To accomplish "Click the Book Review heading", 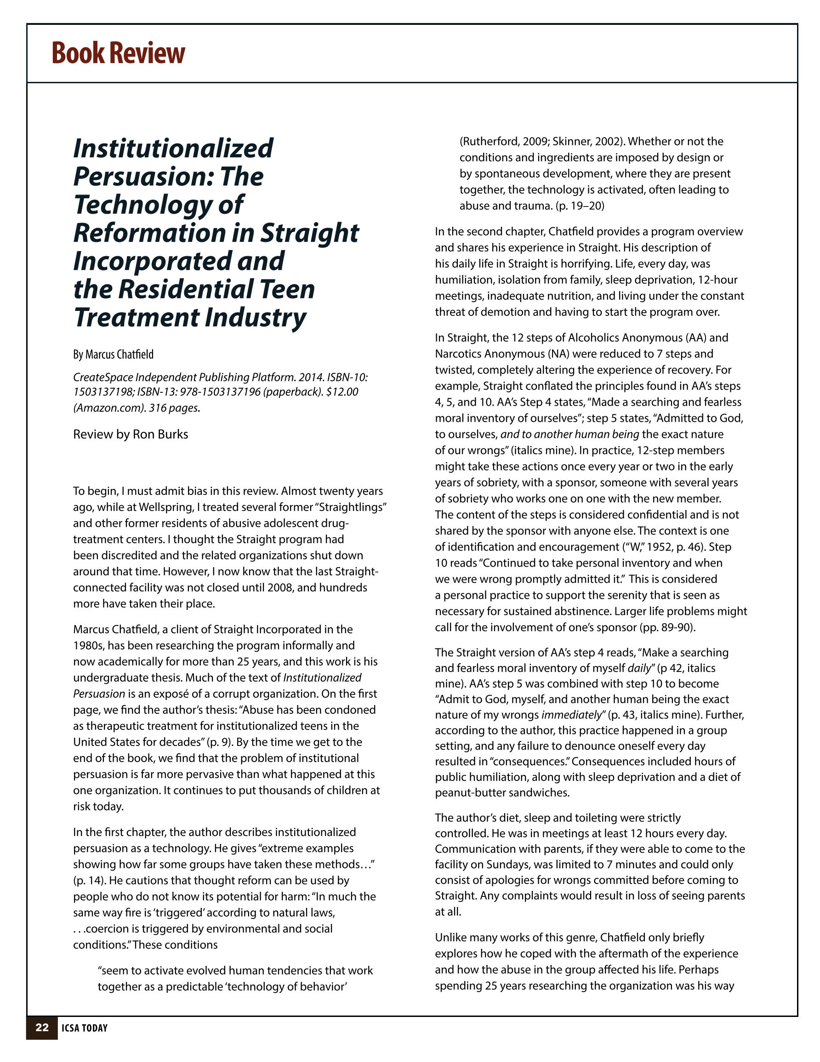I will (x=118, y=53).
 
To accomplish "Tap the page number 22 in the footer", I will (x=42, y=1027).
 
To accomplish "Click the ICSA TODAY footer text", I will (x=85, y=1028).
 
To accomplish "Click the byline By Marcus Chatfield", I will (x=113, y=355).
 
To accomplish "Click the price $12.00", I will (x=342, y=392).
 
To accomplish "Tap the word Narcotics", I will (x=457, y=354).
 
